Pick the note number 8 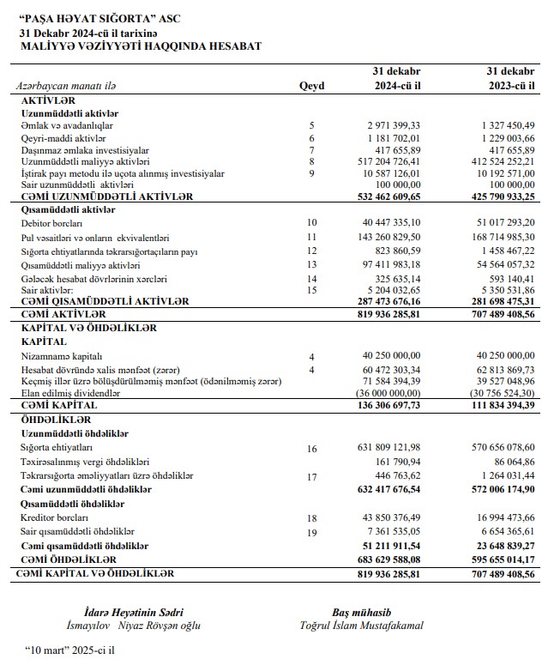[311, 161]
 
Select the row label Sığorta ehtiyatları [56, 448]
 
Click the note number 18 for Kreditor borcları [311, 518]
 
